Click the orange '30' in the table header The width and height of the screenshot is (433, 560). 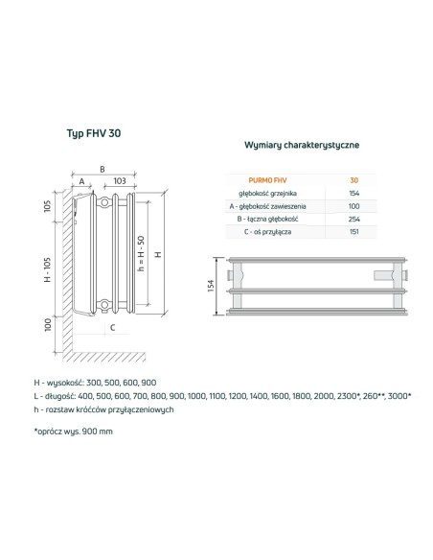[x=354, y=179]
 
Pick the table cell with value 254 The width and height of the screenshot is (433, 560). [x=354, y=220]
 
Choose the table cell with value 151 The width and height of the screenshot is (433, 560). [x=354, y=233]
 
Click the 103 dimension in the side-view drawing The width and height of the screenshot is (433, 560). [x=120, y=179]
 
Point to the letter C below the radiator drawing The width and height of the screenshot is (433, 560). [x=112, y=328]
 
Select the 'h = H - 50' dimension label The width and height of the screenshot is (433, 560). [x=141, y=253]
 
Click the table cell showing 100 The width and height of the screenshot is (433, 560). [x=354, y=206]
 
